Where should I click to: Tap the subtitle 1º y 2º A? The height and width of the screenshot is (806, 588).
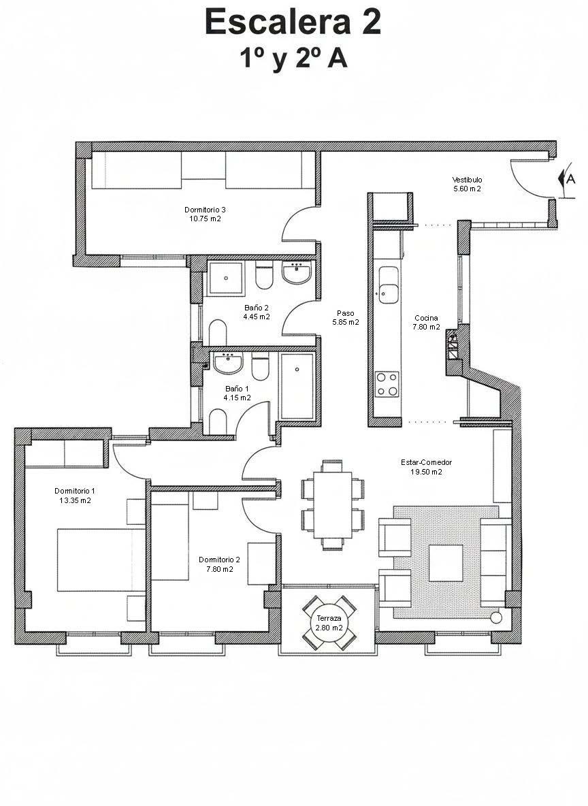293,59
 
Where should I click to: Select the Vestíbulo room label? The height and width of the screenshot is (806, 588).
467,180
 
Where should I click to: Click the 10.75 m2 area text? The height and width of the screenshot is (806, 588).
205,219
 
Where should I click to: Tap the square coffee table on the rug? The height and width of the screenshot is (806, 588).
446,563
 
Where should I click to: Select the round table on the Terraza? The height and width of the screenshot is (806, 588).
329,622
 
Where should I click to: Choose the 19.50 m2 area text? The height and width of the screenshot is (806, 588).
426,472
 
